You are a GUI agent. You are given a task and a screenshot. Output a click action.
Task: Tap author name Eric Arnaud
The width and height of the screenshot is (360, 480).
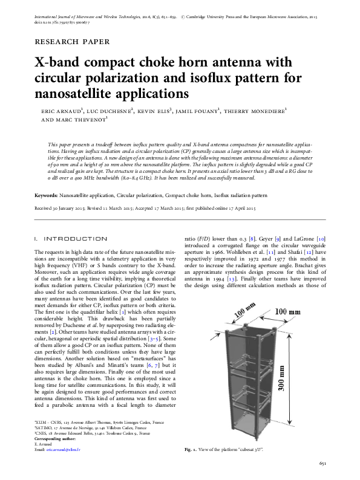click(56, 112)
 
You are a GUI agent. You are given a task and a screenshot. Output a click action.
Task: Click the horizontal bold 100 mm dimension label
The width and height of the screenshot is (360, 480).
click(287, 311)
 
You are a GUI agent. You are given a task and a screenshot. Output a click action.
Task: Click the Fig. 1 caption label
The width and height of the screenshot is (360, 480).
click(191, 450)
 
